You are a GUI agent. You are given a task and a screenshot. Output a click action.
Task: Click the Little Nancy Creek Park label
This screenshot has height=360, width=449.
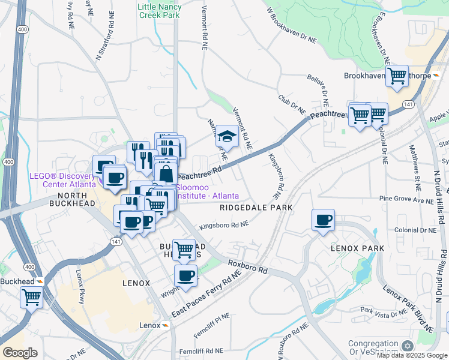[159, 11]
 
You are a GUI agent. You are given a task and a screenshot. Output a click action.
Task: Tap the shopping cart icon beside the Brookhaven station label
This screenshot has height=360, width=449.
[397, 76]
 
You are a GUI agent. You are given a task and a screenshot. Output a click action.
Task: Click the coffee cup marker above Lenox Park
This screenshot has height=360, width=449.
[324, 220]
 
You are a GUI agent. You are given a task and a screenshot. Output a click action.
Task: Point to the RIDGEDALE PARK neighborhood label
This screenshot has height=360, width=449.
[256, 208]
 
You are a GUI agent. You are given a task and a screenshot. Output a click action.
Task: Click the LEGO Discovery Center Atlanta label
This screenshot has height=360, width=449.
[63, 180]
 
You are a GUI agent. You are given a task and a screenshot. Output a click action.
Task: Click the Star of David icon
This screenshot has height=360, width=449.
[408, 347]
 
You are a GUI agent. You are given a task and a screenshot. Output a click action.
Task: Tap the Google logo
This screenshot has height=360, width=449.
[20, 353]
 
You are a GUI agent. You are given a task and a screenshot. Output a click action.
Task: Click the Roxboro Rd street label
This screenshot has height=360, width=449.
[247, 266]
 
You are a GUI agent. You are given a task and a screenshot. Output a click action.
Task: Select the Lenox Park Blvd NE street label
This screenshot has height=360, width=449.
[408, 308]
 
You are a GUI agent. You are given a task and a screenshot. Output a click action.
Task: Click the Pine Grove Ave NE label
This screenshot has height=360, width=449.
[406, 199]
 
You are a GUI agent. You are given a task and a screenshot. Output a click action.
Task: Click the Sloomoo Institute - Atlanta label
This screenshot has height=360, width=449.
[206, 191]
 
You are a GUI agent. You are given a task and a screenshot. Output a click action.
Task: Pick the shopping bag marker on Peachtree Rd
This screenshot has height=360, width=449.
[166, 174]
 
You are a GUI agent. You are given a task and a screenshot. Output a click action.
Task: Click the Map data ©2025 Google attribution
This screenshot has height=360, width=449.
[412, 355]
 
